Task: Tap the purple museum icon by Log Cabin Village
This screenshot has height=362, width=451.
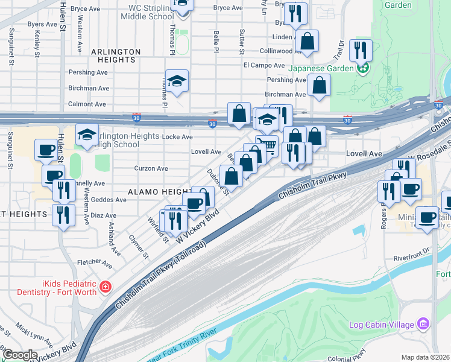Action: point(423,325)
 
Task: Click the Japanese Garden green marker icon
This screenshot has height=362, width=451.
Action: point(363,68)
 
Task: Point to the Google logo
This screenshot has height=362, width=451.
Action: point(20,355)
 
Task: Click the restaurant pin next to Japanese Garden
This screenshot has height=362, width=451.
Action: point(361,50)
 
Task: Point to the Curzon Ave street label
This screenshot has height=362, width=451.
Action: point(151,169)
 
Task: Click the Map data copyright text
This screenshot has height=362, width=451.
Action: point(425,357)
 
